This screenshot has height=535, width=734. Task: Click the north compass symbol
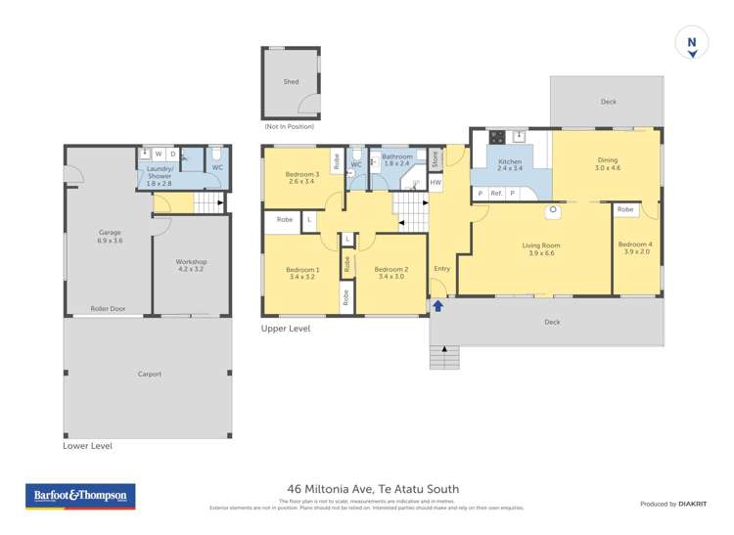click(x=692, y=44)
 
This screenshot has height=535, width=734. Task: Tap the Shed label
click(x=291, y=82)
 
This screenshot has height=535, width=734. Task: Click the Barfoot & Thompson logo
click(x=80, y=497)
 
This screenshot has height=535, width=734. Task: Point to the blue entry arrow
click(x=437, y=306)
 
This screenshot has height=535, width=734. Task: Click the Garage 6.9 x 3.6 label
click(x=110, y=237)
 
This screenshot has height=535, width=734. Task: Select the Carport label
click(x=149, y=375)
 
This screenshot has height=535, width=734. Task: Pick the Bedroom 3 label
click(x=302, y=178)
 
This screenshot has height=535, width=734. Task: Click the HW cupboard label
click(x=436, y=183)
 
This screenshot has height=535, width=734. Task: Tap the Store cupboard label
click(x=436, y=158)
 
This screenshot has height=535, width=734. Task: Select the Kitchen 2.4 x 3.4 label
click(x=510, y=165)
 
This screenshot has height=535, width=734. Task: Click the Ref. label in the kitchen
click(x=496, y=194)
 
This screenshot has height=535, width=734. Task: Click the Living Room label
click(x=535, y=248)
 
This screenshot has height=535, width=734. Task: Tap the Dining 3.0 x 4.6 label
click(x=608, y=164)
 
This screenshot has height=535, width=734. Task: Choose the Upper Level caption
click(x=286, y=329)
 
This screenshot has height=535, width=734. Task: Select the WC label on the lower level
click(x=217, y=167)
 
